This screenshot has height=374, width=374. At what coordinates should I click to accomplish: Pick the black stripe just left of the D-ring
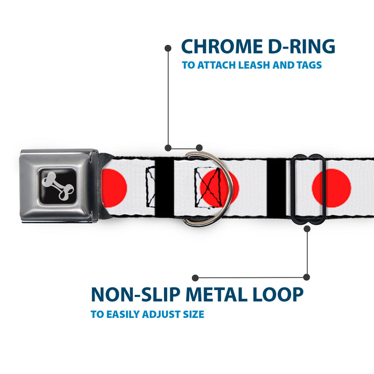167,186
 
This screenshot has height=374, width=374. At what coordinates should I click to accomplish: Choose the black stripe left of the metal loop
277,187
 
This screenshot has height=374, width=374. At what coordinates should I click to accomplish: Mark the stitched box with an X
207,187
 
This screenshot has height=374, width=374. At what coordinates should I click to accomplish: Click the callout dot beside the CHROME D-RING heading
168,48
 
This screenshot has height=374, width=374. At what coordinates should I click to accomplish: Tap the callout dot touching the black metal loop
307,229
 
